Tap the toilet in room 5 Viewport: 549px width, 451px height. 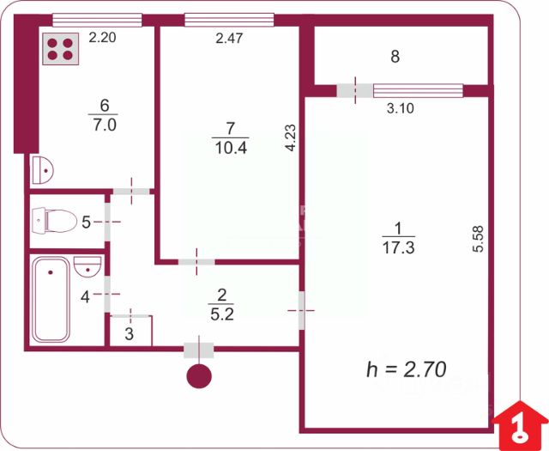pyautogui.click(x=53, y=222)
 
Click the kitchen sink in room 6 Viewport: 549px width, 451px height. pyautogui.click(x=42, y=170)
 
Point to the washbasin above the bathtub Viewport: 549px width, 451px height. pyautogui.click(x=88, y=267)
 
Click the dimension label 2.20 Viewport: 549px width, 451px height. pyautogui.click(x=101, y=37)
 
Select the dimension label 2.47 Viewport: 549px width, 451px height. pyautogui.click(x=229, y=37)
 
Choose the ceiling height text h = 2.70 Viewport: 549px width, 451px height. pyautogui.click(x=407, y=369)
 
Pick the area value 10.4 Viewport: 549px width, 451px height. pyautogui.click(x=230, y=147)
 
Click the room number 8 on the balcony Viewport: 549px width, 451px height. pyautogui.click(x=395, y=58)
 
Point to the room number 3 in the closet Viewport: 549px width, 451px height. pyautogui.click(x=129, y=333)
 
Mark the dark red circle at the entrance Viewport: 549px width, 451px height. pyautogui.click(x=199, y=376)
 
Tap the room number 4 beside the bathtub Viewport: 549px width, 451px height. pyautogui.click(x=84, y=297)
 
